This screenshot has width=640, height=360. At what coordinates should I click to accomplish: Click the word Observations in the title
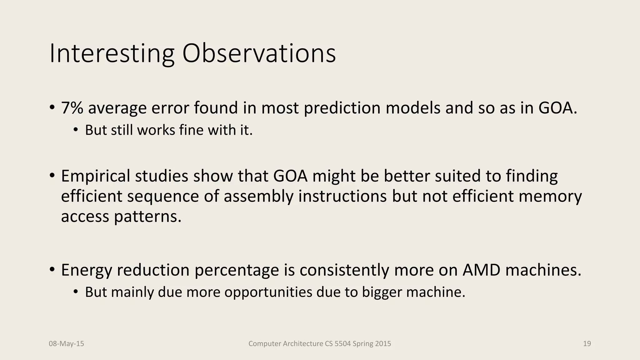(259, 54)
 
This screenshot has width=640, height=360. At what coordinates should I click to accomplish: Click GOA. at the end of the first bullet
(557, 108)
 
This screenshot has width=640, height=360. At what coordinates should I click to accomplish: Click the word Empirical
(95, 176)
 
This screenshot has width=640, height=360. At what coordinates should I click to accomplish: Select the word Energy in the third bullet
(86, 270)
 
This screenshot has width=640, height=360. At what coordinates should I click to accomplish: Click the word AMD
(481, 270)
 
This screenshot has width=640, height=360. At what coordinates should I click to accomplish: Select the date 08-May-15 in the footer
(66, 344)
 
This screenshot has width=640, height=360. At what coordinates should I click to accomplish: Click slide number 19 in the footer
(587, 344)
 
